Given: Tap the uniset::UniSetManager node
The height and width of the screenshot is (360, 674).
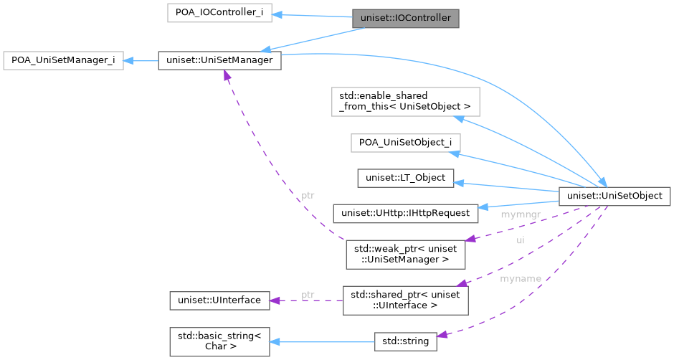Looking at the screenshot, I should point(219,60).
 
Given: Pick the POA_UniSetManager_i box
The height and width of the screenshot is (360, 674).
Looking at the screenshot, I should point(64,60).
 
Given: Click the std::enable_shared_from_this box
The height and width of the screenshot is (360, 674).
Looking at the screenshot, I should point(405,101).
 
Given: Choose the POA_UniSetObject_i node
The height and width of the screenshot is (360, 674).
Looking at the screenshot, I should point(405,142).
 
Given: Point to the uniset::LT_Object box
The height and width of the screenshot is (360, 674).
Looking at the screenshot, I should point(405,176).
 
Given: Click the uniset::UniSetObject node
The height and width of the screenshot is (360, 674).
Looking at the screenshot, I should point(614,194).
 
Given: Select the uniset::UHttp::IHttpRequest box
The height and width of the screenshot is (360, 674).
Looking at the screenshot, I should point(405,212).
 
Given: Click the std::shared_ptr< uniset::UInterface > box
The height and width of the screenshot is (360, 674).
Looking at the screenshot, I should point(405,300).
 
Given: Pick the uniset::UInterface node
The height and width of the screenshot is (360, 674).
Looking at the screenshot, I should point(219,300).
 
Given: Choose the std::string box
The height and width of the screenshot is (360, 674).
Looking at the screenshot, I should point(405,341).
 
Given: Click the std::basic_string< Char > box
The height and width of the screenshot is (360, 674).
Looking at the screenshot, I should point(219,341).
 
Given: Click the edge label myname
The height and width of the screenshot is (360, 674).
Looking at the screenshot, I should point(520,278).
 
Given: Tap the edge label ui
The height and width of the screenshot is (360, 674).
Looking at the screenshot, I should point(521,240).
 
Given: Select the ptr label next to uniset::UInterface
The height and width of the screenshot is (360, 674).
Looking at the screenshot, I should point(308,294).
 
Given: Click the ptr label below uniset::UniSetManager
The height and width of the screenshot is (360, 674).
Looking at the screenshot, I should point(307,194).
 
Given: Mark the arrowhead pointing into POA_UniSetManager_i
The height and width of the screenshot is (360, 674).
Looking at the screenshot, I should point(129,60).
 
